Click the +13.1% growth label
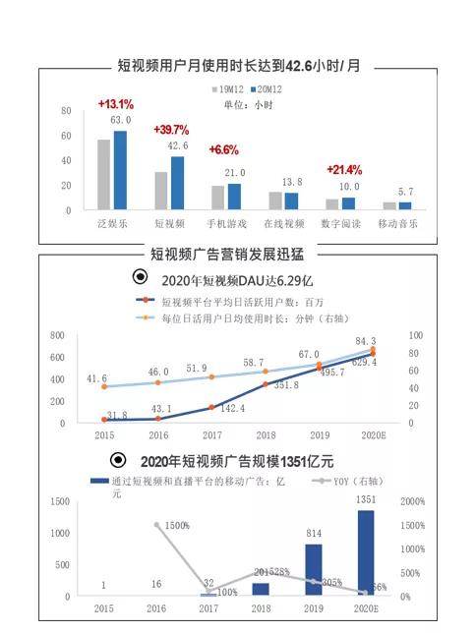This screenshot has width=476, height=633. [115, 104]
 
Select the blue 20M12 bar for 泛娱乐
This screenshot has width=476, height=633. [120, 170]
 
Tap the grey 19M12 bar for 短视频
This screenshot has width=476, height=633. [160, 191]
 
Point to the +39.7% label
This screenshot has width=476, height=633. [171, 131]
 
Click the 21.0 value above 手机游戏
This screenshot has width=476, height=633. [235, 173]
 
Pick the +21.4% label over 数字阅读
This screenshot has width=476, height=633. [344, 169]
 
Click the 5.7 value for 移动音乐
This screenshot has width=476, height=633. [405, 192]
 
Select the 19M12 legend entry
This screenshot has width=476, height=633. [228, 89]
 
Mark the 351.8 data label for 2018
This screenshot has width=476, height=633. [285, 385]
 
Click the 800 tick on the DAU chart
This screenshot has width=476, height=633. [58, 335]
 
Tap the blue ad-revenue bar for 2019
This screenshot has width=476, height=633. [313, 570]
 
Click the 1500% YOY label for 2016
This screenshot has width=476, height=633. [177, 526]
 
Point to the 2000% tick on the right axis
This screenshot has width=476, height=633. [414, 501]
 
